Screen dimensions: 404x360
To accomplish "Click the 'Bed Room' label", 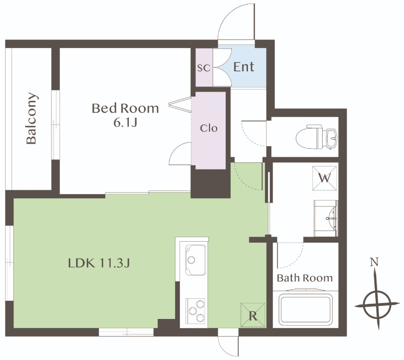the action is pyautogui.click(x=125, y=108).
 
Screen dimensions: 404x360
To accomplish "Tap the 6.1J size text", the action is pyautogui.click(x=125, y=123).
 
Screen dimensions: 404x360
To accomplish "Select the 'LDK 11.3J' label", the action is pyautogui.click(x=99, y=263).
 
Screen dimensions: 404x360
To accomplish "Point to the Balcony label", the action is pyautogui.click(x=32, y=118).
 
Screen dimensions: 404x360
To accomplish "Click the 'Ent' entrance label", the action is pyautogui.click(x=244, y=67).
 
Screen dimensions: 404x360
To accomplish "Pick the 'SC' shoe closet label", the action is pyautogui.click(x=204, y=68).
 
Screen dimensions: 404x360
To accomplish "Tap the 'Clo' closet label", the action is pyautogui.click(x=209, y=128).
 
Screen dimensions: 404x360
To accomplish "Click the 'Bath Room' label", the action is pyautogui.click(x=305, y=278).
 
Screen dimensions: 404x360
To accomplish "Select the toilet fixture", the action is pyautogui.click(x=317, y=137).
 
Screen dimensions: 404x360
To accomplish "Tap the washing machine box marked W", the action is pyautogui.click(x=324, y=178).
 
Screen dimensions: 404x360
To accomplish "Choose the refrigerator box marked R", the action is pyautogui.click(x=253, y=315).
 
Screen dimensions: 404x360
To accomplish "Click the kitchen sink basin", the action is pyautogui.click(x=196, y=259).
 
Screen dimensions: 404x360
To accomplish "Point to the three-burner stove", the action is pyautogui.click(x=195, y=310).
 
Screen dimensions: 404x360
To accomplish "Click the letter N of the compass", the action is pyautogui.click(x=374, y=262).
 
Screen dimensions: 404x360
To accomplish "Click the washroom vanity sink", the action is pyautogui.click(x=326, y=218).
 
